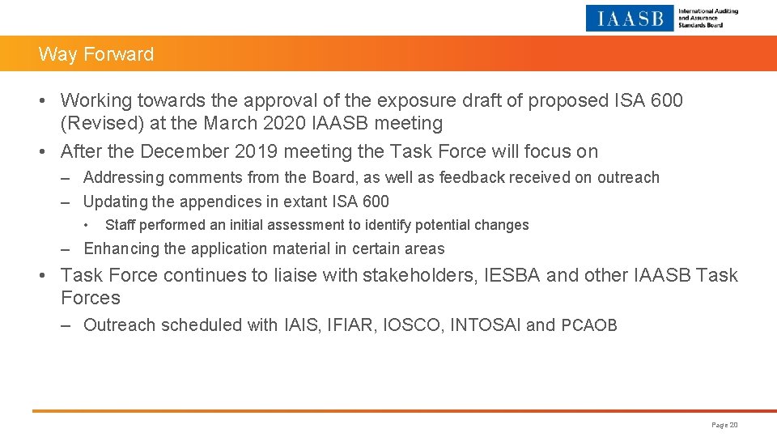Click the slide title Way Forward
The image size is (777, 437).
click(96, 54)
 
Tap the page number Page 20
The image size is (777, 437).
click(724, 425)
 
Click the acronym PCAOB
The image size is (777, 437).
click(589, 325)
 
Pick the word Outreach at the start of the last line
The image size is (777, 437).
click(119, 325)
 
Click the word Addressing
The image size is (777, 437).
click(123, 177)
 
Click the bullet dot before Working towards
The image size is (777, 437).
click(49, 100)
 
